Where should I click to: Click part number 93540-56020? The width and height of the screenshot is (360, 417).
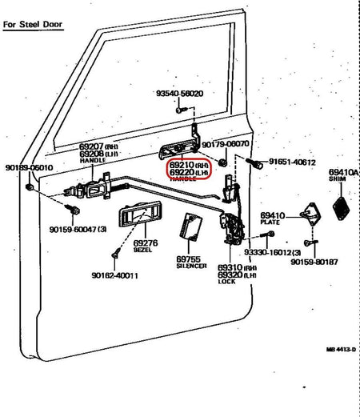coord(179,94)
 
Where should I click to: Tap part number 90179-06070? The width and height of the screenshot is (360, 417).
coord(226,144)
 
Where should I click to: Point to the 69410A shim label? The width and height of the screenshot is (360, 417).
coord(342,172)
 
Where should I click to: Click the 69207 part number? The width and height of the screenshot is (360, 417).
coord(91,146)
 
